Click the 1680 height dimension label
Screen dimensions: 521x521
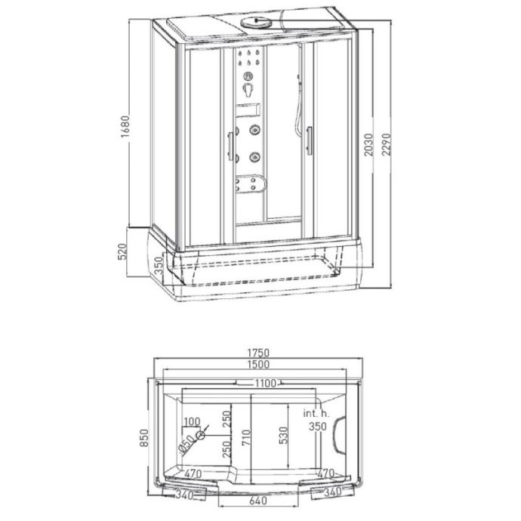(125, 127)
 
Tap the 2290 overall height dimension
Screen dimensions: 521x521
(387, 144)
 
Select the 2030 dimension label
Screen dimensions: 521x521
(368, 144)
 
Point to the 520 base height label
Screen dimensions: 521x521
(122, 251)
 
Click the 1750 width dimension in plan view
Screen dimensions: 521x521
(258, 353)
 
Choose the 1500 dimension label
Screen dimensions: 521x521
(258, 365)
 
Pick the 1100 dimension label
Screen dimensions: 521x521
(265, 384)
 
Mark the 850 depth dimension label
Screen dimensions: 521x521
(144, 438)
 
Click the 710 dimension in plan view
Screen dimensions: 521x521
(246, 438)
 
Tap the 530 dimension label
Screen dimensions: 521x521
(283, 436)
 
